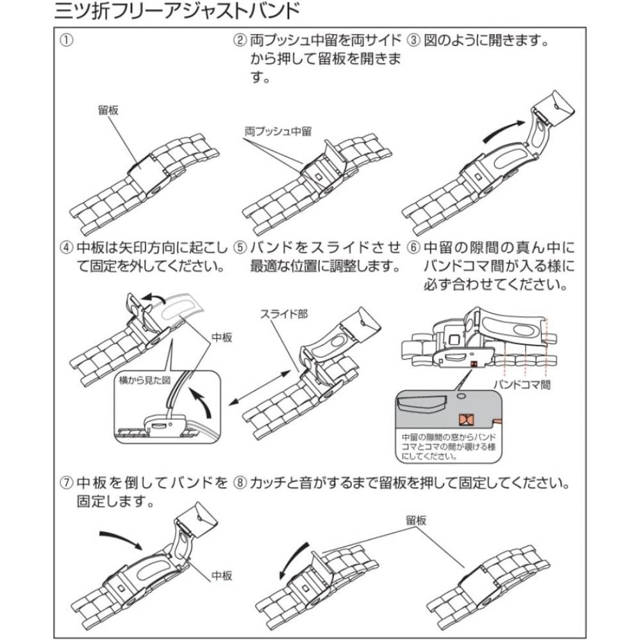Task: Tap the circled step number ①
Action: click(x=65, y=41)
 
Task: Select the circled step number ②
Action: click(x=240, y=41)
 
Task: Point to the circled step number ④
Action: click(x=65, y=247)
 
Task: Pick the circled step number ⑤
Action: click(x=240, y=247)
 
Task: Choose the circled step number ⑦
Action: click(x=65, y=481)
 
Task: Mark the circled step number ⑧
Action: click(x=240, y=481)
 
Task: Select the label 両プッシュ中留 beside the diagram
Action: click(x=278, y=130)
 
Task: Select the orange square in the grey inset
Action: click(x=465, y=420)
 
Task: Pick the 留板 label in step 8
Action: click(x=416, y=520)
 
